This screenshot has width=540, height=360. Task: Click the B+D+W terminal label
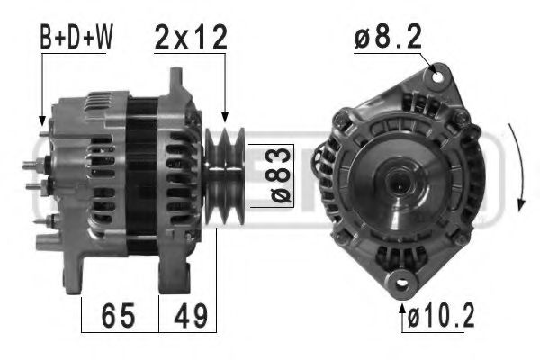(77, 38)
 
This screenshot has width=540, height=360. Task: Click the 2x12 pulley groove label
(191, 38)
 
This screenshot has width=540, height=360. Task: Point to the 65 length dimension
(119, 315)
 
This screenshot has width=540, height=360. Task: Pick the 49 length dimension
(188, 315)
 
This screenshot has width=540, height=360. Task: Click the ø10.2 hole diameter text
(441, 317)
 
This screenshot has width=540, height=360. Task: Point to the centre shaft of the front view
(395, 180)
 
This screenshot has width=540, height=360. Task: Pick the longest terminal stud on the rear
(32, 165)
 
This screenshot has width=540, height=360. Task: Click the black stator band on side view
(139, 175)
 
